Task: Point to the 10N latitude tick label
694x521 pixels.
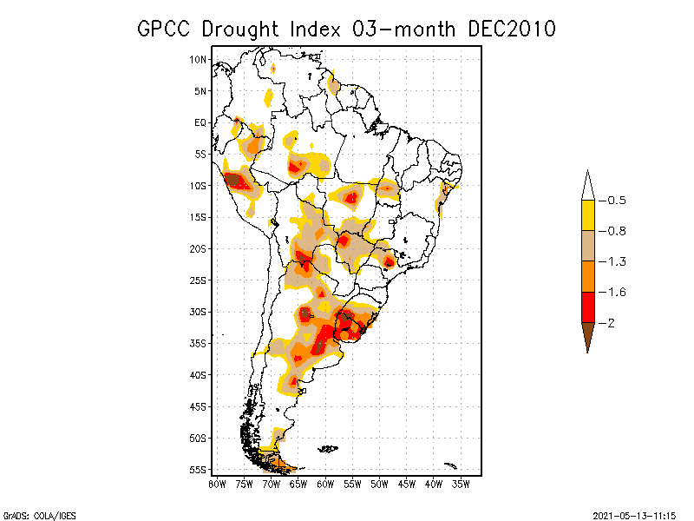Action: point(199,59)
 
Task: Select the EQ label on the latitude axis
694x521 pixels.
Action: point(200,122)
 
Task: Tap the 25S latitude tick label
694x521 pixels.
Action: point(199,280)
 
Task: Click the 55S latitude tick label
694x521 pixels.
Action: point(199,469)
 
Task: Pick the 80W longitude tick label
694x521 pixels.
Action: point(217,484)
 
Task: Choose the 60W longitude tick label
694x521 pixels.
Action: point(325,484)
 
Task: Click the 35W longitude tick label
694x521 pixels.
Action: point(461,484)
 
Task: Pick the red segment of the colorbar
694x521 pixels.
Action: point(587,307)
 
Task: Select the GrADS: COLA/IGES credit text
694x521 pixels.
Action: point(35,515)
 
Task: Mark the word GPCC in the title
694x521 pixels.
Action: point(165,29)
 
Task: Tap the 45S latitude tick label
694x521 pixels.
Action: point(199,406)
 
